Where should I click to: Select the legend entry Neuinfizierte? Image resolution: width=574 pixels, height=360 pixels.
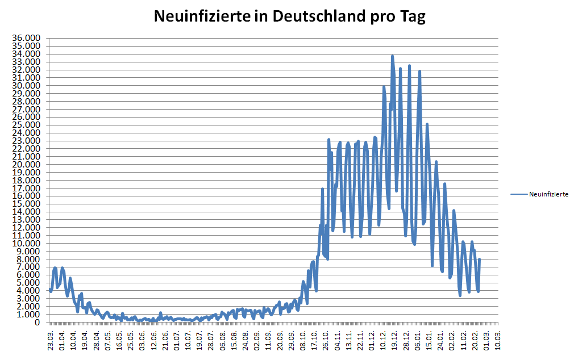pyautogui.click(x=548, y=194)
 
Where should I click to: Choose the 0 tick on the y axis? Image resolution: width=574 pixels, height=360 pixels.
pyautogui.click(x=38, y=322)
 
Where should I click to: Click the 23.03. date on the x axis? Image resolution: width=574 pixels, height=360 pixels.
pyautogui.click(x=51, y=340)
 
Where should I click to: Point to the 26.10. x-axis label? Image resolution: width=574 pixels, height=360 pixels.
pyautogui.click(x=326, y=340)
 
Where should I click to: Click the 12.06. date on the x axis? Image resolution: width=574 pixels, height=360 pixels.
pyautogui.click(x=153, y=340)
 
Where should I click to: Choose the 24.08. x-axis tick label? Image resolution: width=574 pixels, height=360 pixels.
pyautogui.click(x=246, y=340)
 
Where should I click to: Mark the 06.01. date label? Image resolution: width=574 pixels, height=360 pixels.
pyautogui.click(x=418, y=340)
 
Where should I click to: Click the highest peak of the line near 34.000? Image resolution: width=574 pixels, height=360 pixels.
pyautogui.click(x=392, y=56)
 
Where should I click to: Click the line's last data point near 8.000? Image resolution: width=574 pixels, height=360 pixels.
pyautogui.click(x=480, y=259)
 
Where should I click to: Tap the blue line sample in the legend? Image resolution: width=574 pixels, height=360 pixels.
pyautogui.click(x=518, y=194)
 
